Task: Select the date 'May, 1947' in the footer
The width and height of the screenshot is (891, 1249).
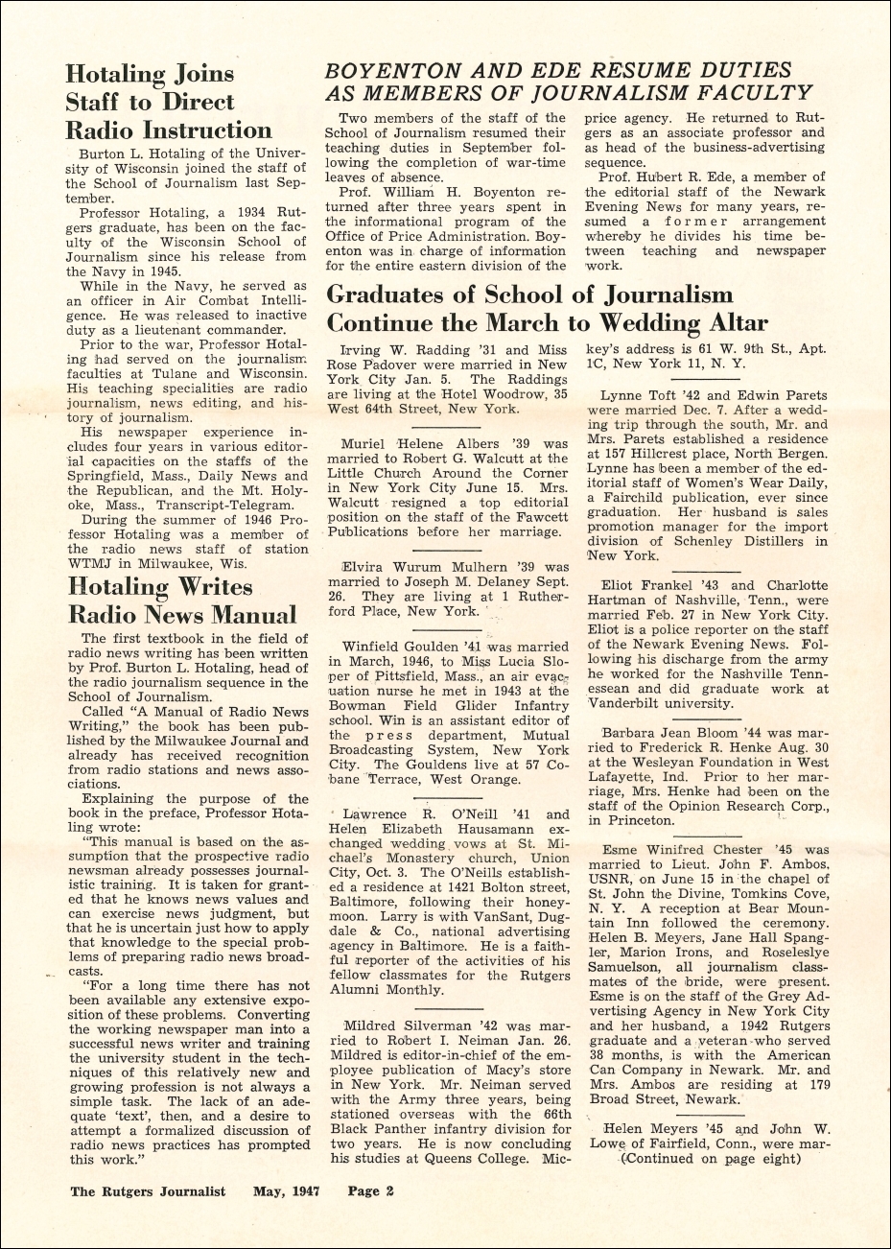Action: (286, 1191)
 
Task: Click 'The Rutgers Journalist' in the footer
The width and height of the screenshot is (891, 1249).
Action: (148, 1191)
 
